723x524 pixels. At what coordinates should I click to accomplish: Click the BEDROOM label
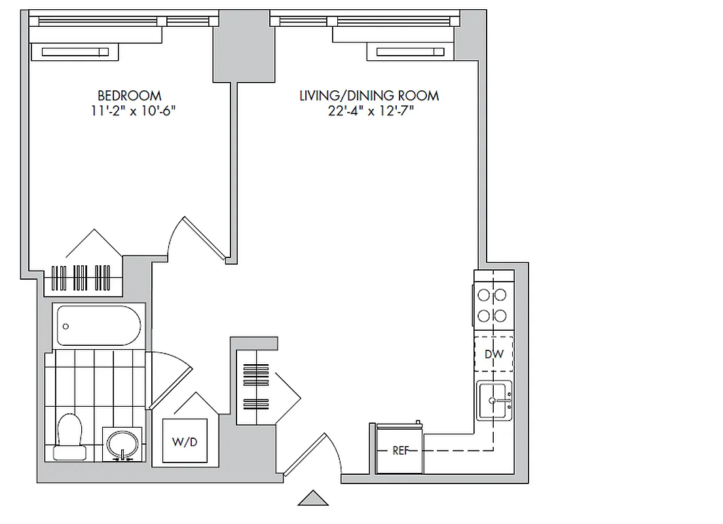pos(129,96)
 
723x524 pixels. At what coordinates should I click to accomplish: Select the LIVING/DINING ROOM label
pos(369,96)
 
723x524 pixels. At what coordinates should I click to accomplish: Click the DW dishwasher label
pos(494,354)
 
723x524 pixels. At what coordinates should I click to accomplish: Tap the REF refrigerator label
pos(400,451)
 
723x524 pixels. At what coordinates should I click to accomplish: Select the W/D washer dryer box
pos(184,442)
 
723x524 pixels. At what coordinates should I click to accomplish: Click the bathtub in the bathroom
pos(99,326)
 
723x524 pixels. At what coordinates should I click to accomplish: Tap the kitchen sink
pos(494,400)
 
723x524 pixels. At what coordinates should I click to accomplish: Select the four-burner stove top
pos(492,305)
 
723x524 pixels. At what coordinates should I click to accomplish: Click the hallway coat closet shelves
pos(256,386)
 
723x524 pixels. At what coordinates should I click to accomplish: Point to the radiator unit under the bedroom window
pos(75,52)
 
